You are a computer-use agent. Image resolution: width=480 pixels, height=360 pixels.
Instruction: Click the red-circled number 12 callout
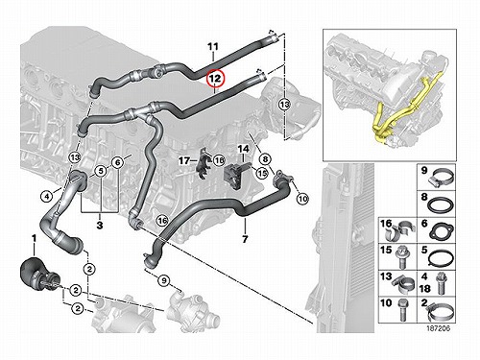click(215, 79)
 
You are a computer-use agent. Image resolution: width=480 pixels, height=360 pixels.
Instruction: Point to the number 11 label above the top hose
click(213, 47)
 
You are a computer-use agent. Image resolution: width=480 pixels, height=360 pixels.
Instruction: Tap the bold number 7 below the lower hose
click(245, 239)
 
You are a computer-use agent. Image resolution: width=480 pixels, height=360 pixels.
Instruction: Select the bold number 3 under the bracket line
click(100, 225)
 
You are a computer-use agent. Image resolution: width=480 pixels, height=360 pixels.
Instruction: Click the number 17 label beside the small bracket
click(184, 160)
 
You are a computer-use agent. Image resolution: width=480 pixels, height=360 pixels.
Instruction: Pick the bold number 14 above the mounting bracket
click(243, 149)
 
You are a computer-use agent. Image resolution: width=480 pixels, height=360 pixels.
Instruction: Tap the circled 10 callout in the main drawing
click(302, 199)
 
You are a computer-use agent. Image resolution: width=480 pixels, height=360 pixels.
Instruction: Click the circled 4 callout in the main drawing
click(47, 196)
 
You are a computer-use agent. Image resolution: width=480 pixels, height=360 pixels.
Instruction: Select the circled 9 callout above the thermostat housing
click(163, 280)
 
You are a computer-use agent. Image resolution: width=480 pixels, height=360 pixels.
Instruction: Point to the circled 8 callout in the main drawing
click(265, 159)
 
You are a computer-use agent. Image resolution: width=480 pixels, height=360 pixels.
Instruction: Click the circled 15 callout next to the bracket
click(262, 173)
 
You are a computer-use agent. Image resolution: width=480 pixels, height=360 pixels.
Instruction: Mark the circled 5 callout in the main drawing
click(101, 171)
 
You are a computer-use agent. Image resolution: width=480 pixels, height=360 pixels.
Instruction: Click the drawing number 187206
click(438, 328)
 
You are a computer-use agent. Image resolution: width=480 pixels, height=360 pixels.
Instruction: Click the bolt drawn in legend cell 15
click(402, 259)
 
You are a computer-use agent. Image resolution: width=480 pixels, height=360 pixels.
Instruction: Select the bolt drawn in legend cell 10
click(402, 309)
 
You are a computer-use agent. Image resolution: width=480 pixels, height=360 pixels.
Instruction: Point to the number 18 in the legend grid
click(424, 288)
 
